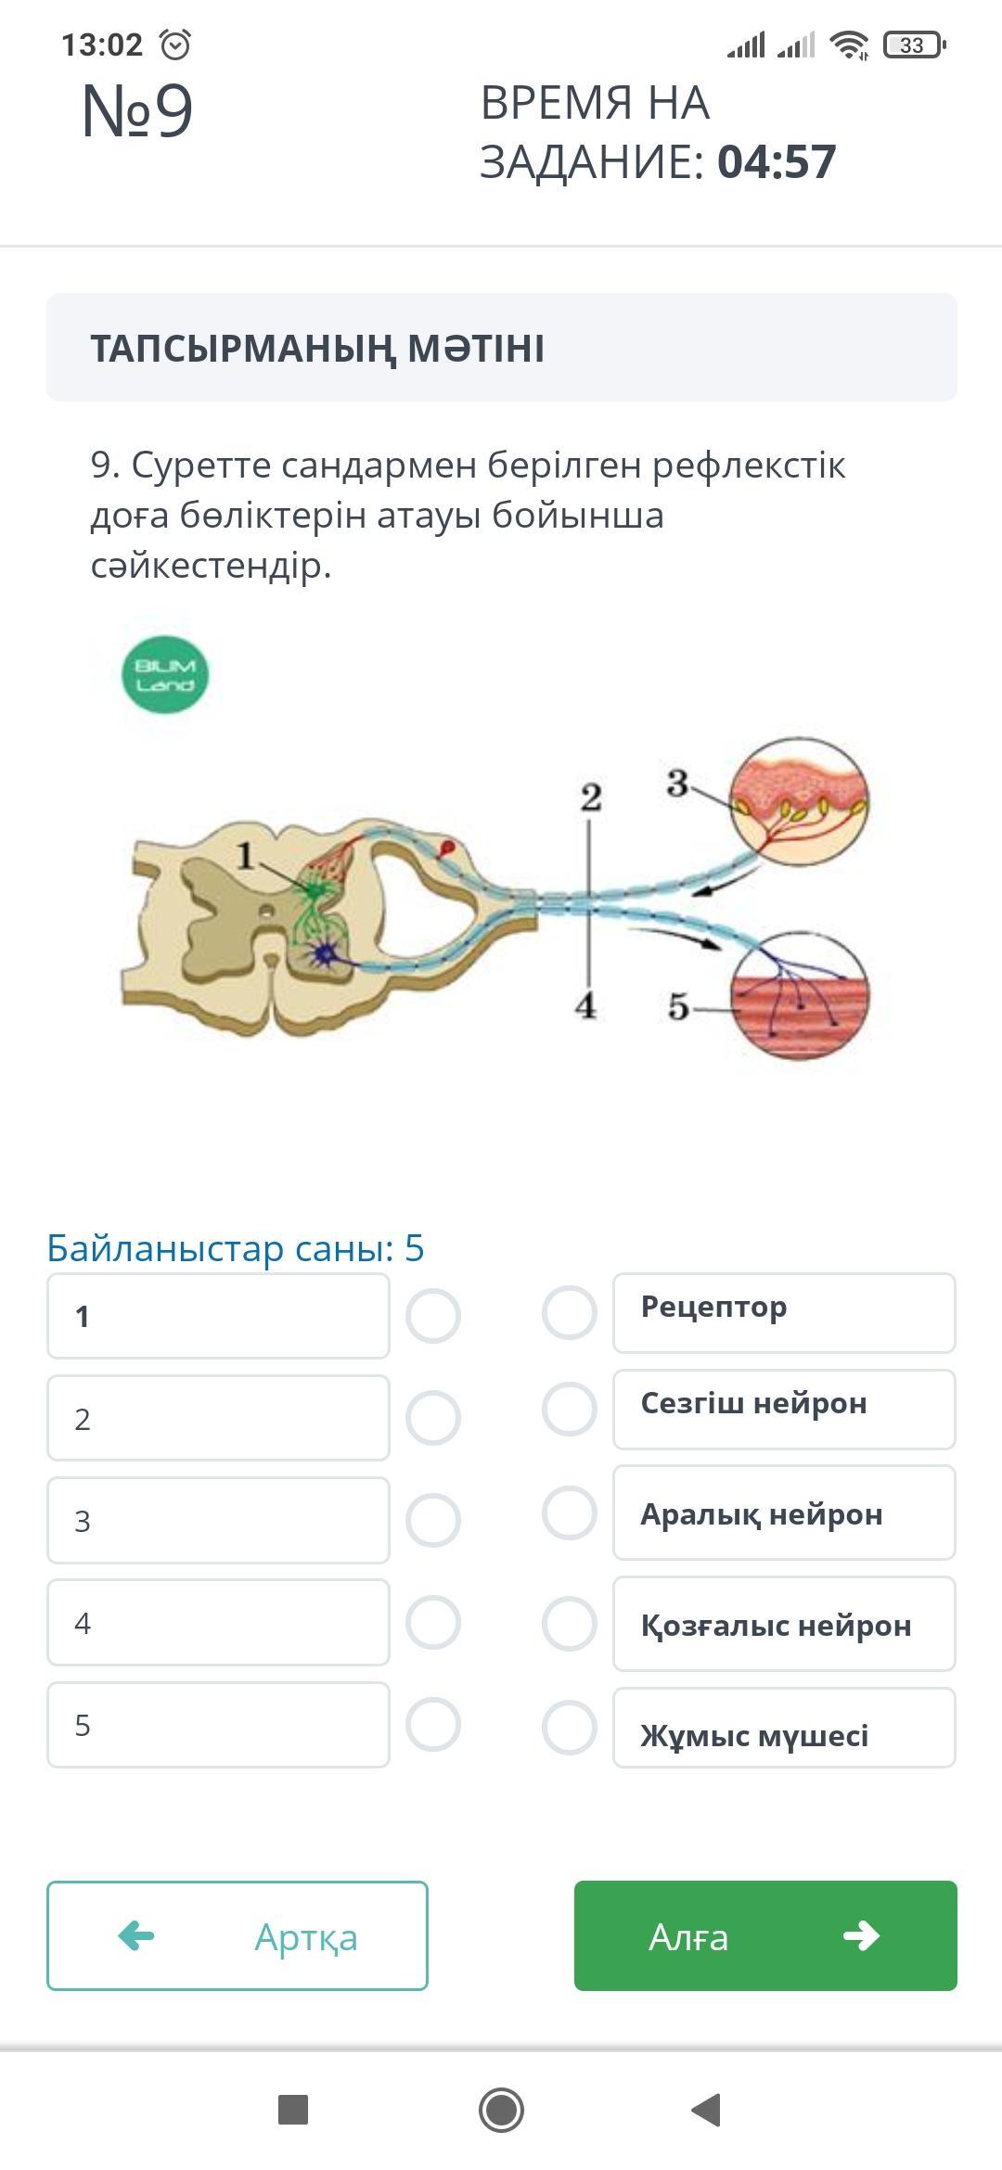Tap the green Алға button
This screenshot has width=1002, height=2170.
[765, 1935]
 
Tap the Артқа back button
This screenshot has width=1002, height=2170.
[238, 1935]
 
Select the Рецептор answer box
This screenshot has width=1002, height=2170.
[784, 1313]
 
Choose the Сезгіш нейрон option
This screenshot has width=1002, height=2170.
[784, 1410]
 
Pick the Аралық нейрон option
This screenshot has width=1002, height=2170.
[784, 1513]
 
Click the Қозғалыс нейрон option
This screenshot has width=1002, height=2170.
[784, 1624]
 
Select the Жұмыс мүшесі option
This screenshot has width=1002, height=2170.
[784, 1728]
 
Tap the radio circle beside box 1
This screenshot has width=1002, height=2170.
[433, 1316]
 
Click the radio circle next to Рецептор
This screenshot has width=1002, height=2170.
[569, 1312]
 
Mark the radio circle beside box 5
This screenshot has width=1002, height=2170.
[433, 1725]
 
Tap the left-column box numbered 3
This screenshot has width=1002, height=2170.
[218, 1521]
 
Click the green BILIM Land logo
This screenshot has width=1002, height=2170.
[165, 674]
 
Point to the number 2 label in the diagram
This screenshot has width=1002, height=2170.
[591, 798]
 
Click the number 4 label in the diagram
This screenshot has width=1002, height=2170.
[585, 1005]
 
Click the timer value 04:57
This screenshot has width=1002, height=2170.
[777, 161]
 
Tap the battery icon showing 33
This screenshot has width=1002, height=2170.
[914, 45]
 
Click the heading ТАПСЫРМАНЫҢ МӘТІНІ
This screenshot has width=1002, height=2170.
[317, 349]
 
